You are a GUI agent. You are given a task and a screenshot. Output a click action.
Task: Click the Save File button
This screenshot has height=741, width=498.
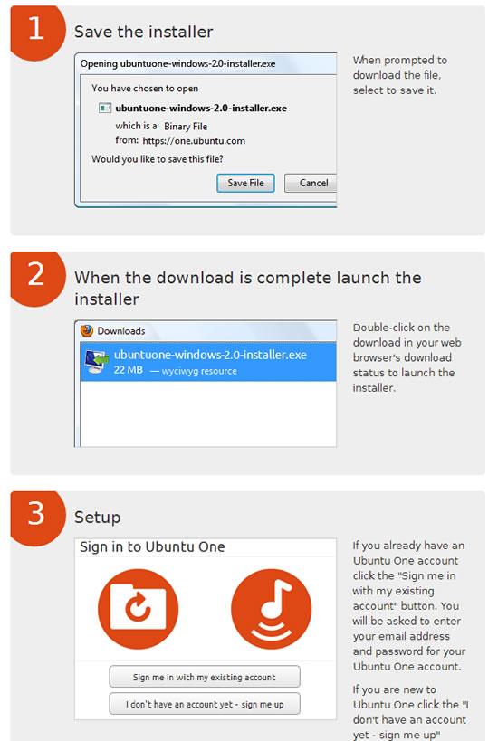tap(245, 183)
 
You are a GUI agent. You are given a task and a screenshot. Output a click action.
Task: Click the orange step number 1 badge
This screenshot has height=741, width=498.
tap(36, 29)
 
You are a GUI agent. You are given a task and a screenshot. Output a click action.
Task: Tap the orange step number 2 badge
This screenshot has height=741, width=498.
tap(36, 274)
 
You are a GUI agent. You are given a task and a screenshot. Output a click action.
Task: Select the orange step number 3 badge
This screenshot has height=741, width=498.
tap(36, 514)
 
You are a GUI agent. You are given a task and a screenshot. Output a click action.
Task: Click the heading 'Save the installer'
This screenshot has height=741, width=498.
tap(143, 32)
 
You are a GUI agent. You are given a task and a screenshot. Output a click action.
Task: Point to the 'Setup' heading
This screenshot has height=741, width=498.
tap(97, 518)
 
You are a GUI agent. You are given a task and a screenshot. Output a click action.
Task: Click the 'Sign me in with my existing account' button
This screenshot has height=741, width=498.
tap(204, 677)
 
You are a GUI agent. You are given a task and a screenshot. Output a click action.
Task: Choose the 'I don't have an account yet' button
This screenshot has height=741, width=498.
tap(204, 703)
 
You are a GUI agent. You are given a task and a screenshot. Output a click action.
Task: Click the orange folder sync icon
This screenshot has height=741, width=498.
tap(138, 609)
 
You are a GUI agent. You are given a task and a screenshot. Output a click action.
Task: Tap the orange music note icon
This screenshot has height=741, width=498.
tap(271, 609)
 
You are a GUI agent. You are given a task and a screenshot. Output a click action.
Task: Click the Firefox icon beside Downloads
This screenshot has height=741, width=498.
tap(87, 331)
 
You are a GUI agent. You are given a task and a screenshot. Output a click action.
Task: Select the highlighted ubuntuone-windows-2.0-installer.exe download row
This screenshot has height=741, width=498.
tap(208, 362)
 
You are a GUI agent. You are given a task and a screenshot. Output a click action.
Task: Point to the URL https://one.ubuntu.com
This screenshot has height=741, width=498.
tap(193, 141)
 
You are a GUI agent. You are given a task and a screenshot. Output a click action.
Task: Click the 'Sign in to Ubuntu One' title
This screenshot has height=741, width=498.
tap(152, 547)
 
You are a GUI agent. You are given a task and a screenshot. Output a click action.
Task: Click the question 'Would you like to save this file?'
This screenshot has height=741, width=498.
tap(158, 159)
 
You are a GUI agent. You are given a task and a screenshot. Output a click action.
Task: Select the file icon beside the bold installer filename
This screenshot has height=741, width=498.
tap(105, 109)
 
